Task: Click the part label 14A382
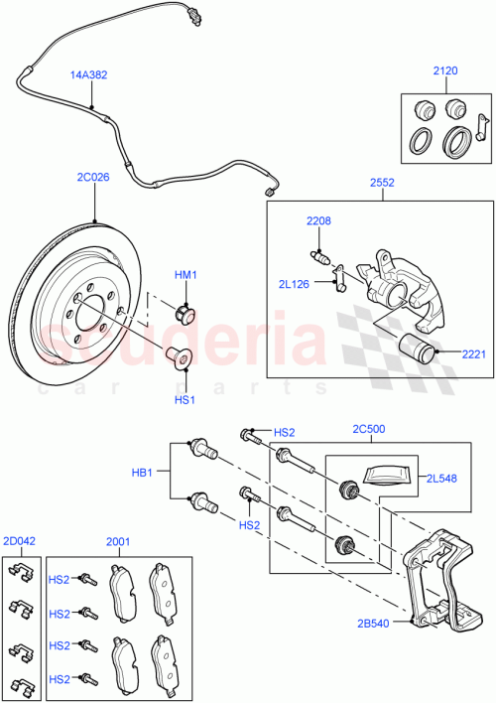pos(89,74)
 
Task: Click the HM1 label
pos(186,275)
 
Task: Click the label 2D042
pos(19,541)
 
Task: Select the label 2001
pos(118,541)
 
